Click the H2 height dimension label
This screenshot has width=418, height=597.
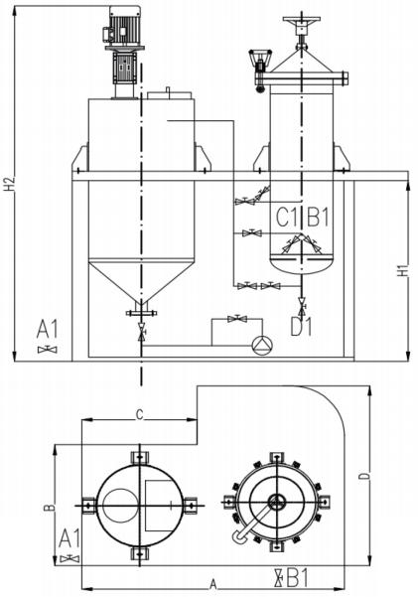11,184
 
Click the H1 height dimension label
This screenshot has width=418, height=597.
403,270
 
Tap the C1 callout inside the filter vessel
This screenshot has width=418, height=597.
287,219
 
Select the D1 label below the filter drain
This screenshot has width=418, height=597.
301,327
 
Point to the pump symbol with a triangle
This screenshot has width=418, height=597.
262,345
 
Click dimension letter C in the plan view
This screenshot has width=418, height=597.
140,414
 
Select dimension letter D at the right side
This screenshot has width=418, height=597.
365,476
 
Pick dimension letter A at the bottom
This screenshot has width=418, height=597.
213,583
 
